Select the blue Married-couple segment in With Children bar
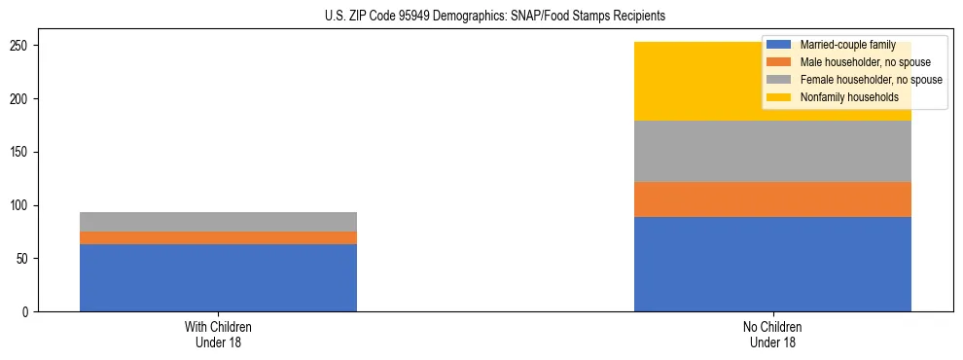pyautogui.click(x=218, y=277)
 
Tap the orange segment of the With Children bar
pyautogui.click(x=218, y=237)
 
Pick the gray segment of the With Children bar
pyautogui.click(x=218, y=222)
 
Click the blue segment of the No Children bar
pyautogui.click(x=772, y=264)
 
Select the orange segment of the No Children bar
pyautogui.click(x=772, y=199)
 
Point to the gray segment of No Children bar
pyautogui.click(x=772, y=151)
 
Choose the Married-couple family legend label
pyautogui.click(x=846, y=45)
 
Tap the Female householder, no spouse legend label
pyautogui.click(x=871, y=80)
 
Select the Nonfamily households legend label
pyautogui.click(x=849, y=97)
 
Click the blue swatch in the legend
pyautogui.click(x=779, y=45)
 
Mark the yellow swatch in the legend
pyautogui.click(x=779, y=97)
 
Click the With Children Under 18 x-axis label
pyautogui.click(x=218, y=334)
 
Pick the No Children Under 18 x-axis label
pyautogui.click(x=772, y=334)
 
